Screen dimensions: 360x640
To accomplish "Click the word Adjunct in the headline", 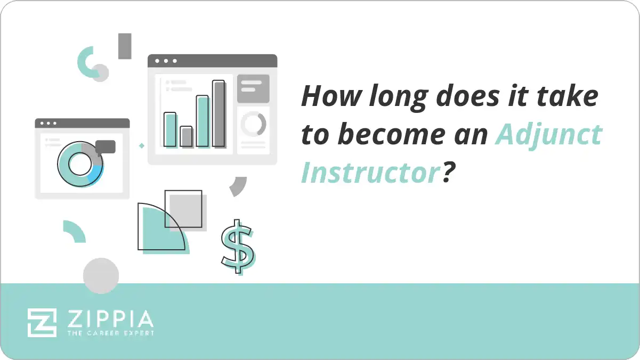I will tap(548, 135).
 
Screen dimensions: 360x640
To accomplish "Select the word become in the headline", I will tap(393, 135).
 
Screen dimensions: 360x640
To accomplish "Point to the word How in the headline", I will tap(326, 97).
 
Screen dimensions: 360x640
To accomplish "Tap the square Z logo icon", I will tap(42, 322).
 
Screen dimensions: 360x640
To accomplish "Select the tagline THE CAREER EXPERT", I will tap(110, 333).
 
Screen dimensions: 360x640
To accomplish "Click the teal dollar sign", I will tap(237, 246).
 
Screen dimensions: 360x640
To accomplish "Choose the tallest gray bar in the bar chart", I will tap(219, 113).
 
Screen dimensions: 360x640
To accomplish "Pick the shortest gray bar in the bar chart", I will tap(186, 136).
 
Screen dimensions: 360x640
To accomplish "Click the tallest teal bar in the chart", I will tap(202, 121).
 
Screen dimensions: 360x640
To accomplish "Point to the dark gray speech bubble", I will tap(106, 146).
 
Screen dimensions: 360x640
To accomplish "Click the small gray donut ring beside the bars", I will tap(253, 124).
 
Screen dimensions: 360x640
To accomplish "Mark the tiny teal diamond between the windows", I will tap(141, 145).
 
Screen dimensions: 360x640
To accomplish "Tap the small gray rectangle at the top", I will tap(125, 46).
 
